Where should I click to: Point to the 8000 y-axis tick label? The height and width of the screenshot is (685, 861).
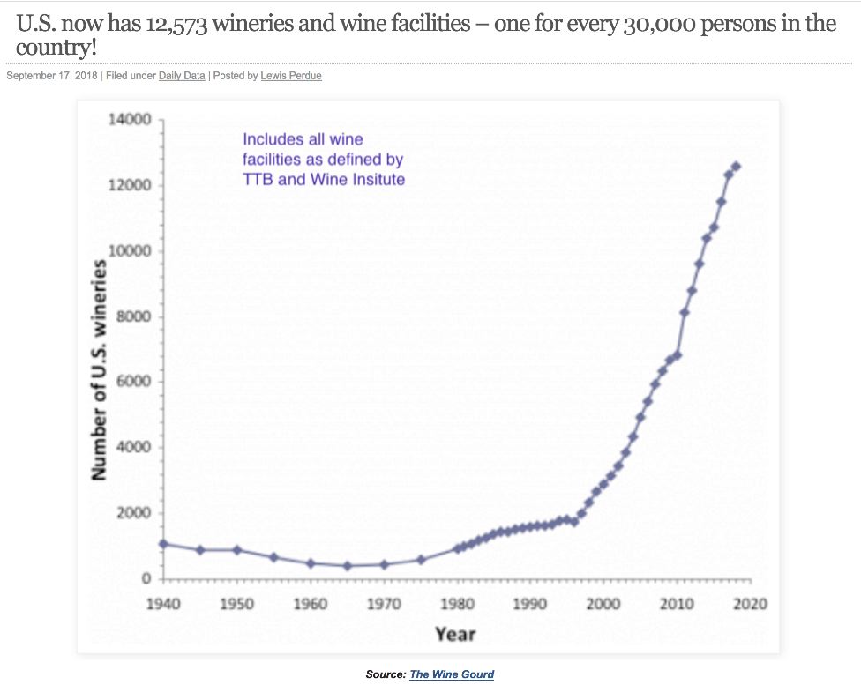pyautogui.click(x=134, y=317)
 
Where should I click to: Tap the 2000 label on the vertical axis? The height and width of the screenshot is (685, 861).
pyautogui.click(x=134, y=514)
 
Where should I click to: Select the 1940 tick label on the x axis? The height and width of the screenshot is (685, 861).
pyautogui.click(x=163, y=604)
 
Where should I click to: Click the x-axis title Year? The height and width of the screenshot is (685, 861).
pyautogui.click(x=455, y=633)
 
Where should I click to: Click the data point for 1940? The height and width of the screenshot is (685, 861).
pyautogui.click(x=164, y=544)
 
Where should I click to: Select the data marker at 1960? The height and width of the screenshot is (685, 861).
pyautogui.click(x=311, y=563)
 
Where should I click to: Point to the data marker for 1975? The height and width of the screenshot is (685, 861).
pyautogui.click(x=421, y=560)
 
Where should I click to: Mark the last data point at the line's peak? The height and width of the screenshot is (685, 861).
pyautogui.click(x=736, y=167)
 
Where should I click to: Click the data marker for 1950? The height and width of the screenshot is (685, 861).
pyautogui.click(x=237, y=550)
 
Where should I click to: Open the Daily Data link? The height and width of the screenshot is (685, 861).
pyautogui.click(x=182, y=76)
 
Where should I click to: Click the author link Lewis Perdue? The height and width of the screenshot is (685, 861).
pyautogui.click(x=291, y=76)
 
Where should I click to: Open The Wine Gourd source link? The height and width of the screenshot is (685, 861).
pyautogui.click(x=452, y=674)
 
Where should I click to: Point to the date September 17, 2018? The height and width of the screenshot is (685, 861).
pyautogui.click(x=51, y=76)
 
